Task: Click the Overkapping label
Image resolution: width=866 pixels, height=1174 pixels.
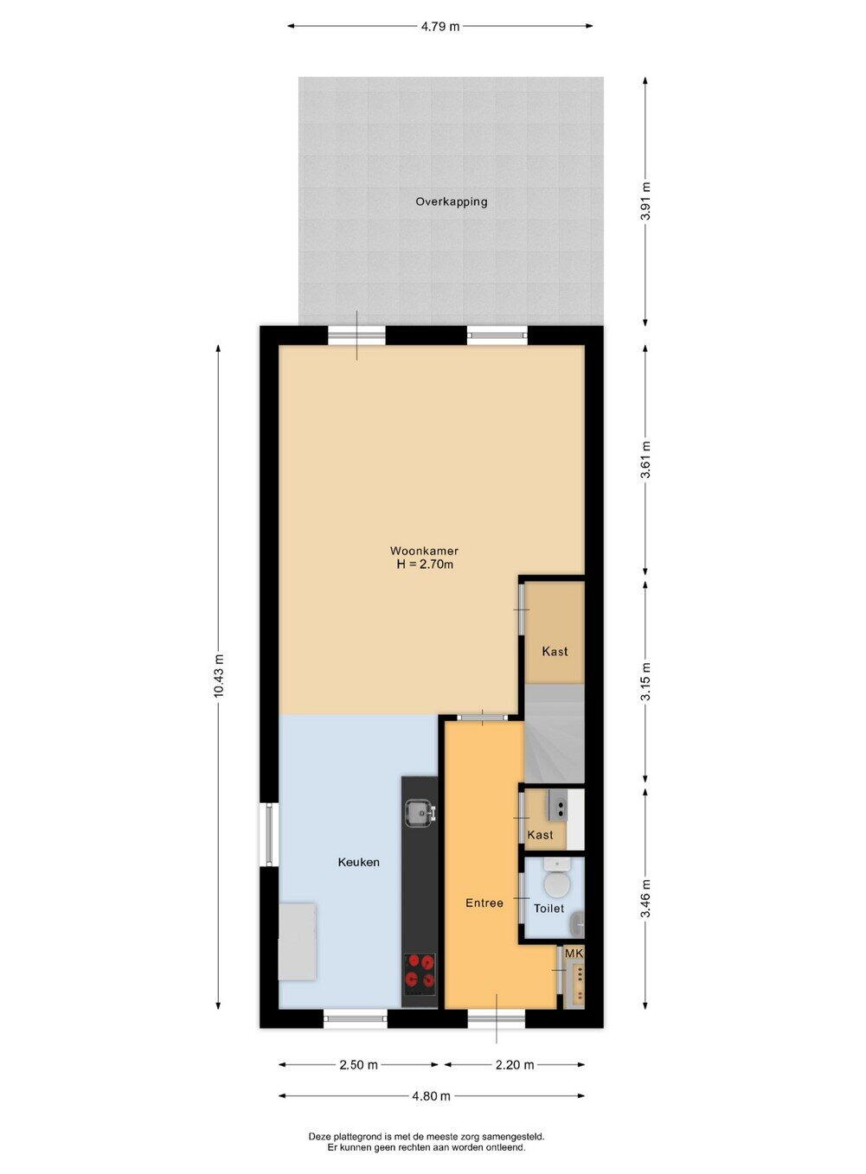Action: click(x=451, y=201)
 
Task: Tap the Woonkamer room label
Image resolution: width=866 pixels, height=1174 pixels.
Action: click(x=424, y=551)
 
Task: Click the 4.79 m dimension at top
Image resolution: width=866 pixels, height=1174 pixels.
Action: click(x=440, y=26)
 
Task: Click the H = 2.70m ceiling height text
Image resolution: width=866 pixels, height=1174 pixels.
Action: click(x=424, y=565)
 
